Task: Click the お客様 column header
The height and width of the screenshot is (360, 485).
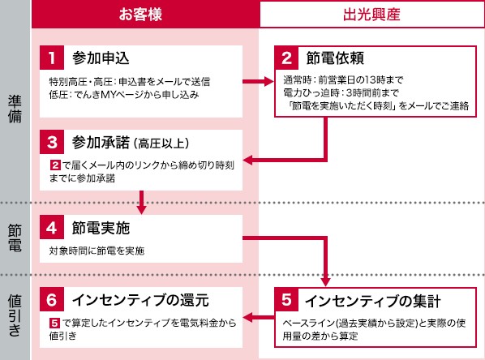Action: pyautogui.click(x=141, y=15)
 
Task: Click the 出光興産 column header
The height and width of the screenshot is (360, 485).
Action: pyautogui.click(x=371, y=15)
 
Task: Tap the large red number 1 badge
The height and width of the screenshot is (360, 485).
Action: pyautogui.click(x=52, y=58)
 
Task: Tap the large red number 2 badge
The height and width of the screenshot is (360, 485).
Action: pyautogui.click(x=287, y=58)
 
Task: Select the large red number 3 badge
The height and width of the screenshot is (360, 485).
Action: pyautogui.click(x=52, y=142)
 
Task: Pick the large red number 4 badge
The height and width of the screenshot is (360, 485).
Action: pyautogui.click(x=52, y=227)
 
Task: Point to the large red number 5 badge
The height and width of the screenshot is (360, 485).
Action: pyautogui.click(x=287, y=299)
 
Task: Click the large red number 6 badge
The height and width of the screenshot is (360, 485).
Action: pyautogui.click(x=52, y=299)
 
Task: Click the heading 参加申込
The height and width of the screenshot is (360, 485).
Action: pyautogui.click(x=101, y=58)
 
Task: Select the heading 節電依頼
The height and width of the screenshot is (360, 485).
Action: pyautogui.click(x=335, y=58)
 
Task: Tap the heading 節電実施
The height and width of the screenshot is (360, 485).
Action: pyautogui.click(x=101, y=228)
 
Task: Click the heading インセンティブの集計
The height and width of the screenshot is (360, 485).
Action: pyautogui.click(x=373, y=301)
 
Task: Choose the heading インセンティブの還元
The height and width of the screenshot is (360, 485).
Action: pyautogui.click(x=140, y=300)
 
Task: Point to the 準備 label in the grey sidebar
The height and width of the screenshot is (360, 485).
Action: pyautogui.click(x=15, y=109)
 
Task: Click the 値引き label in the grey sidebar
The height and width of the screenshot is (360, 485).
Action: pyautogui.click(x=15, y=315)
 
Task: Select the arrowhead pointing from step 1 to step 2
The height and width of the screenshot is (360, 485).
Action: pyautogui.click(x=268, y=82)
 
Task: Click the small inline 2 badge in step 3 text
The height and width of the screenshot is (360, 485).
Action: pyautogui.click(x=55, y=165)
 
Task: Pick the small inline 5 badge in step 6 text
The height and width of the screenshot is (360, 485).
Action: pyautogui.click(x=54, y=324)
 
